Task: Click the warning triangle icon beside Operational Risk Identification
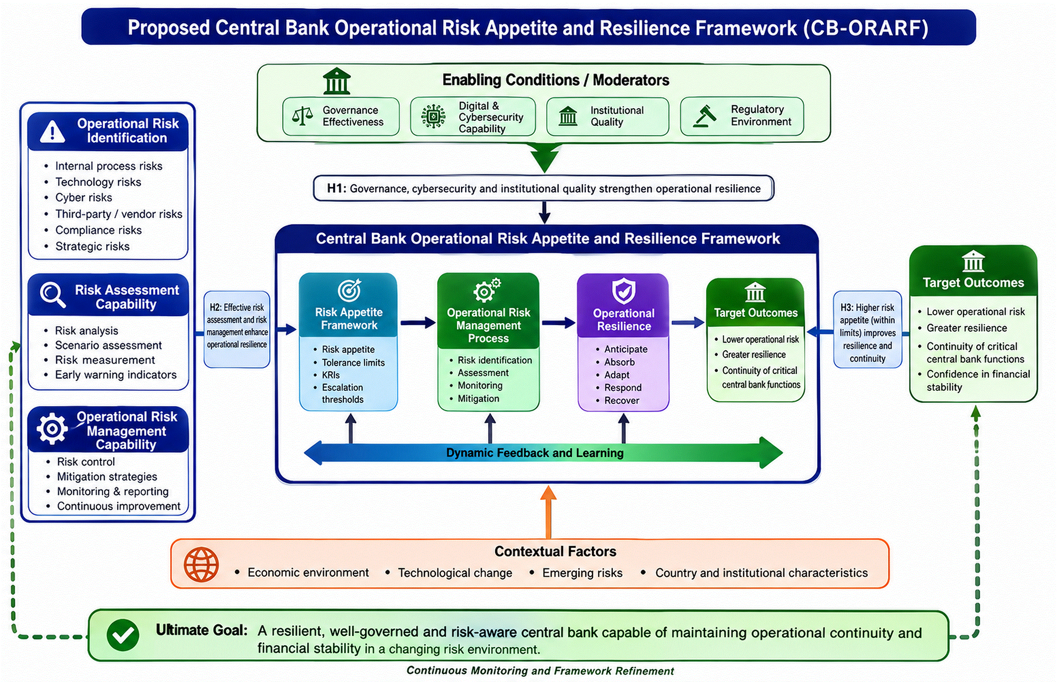(52, 132)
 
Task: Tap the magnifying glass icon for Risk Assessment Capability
(52, 294)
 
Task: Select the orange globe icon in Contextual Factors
(201, 564)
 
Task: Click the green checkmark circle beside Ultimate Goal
(123, 635)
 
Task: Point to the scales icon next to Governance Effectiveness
(303, 116)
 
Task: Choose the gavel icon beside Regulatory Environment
(705, 116)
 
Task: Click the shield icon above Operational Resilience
(623, 291)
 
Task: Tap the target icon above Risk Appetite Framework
(349, 291)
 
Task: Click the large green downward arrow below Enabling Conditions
(544, 158)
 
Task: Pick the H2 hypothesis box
(237, 329)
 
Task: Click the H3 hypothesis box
(867, 329)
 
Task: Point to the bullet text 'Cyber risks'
(84, 198)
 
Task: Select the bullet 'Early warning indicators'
(116, 375)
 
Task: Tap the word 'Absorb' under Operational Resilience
(619, 362)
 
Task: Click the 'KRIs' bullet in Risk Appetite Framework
(331, 375)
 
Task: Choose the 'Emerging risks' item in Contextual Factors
(582, 573)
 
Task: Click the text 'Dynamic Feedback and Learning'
(535, 453)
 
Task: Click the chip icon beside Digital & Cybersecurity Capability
(433, 117)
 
